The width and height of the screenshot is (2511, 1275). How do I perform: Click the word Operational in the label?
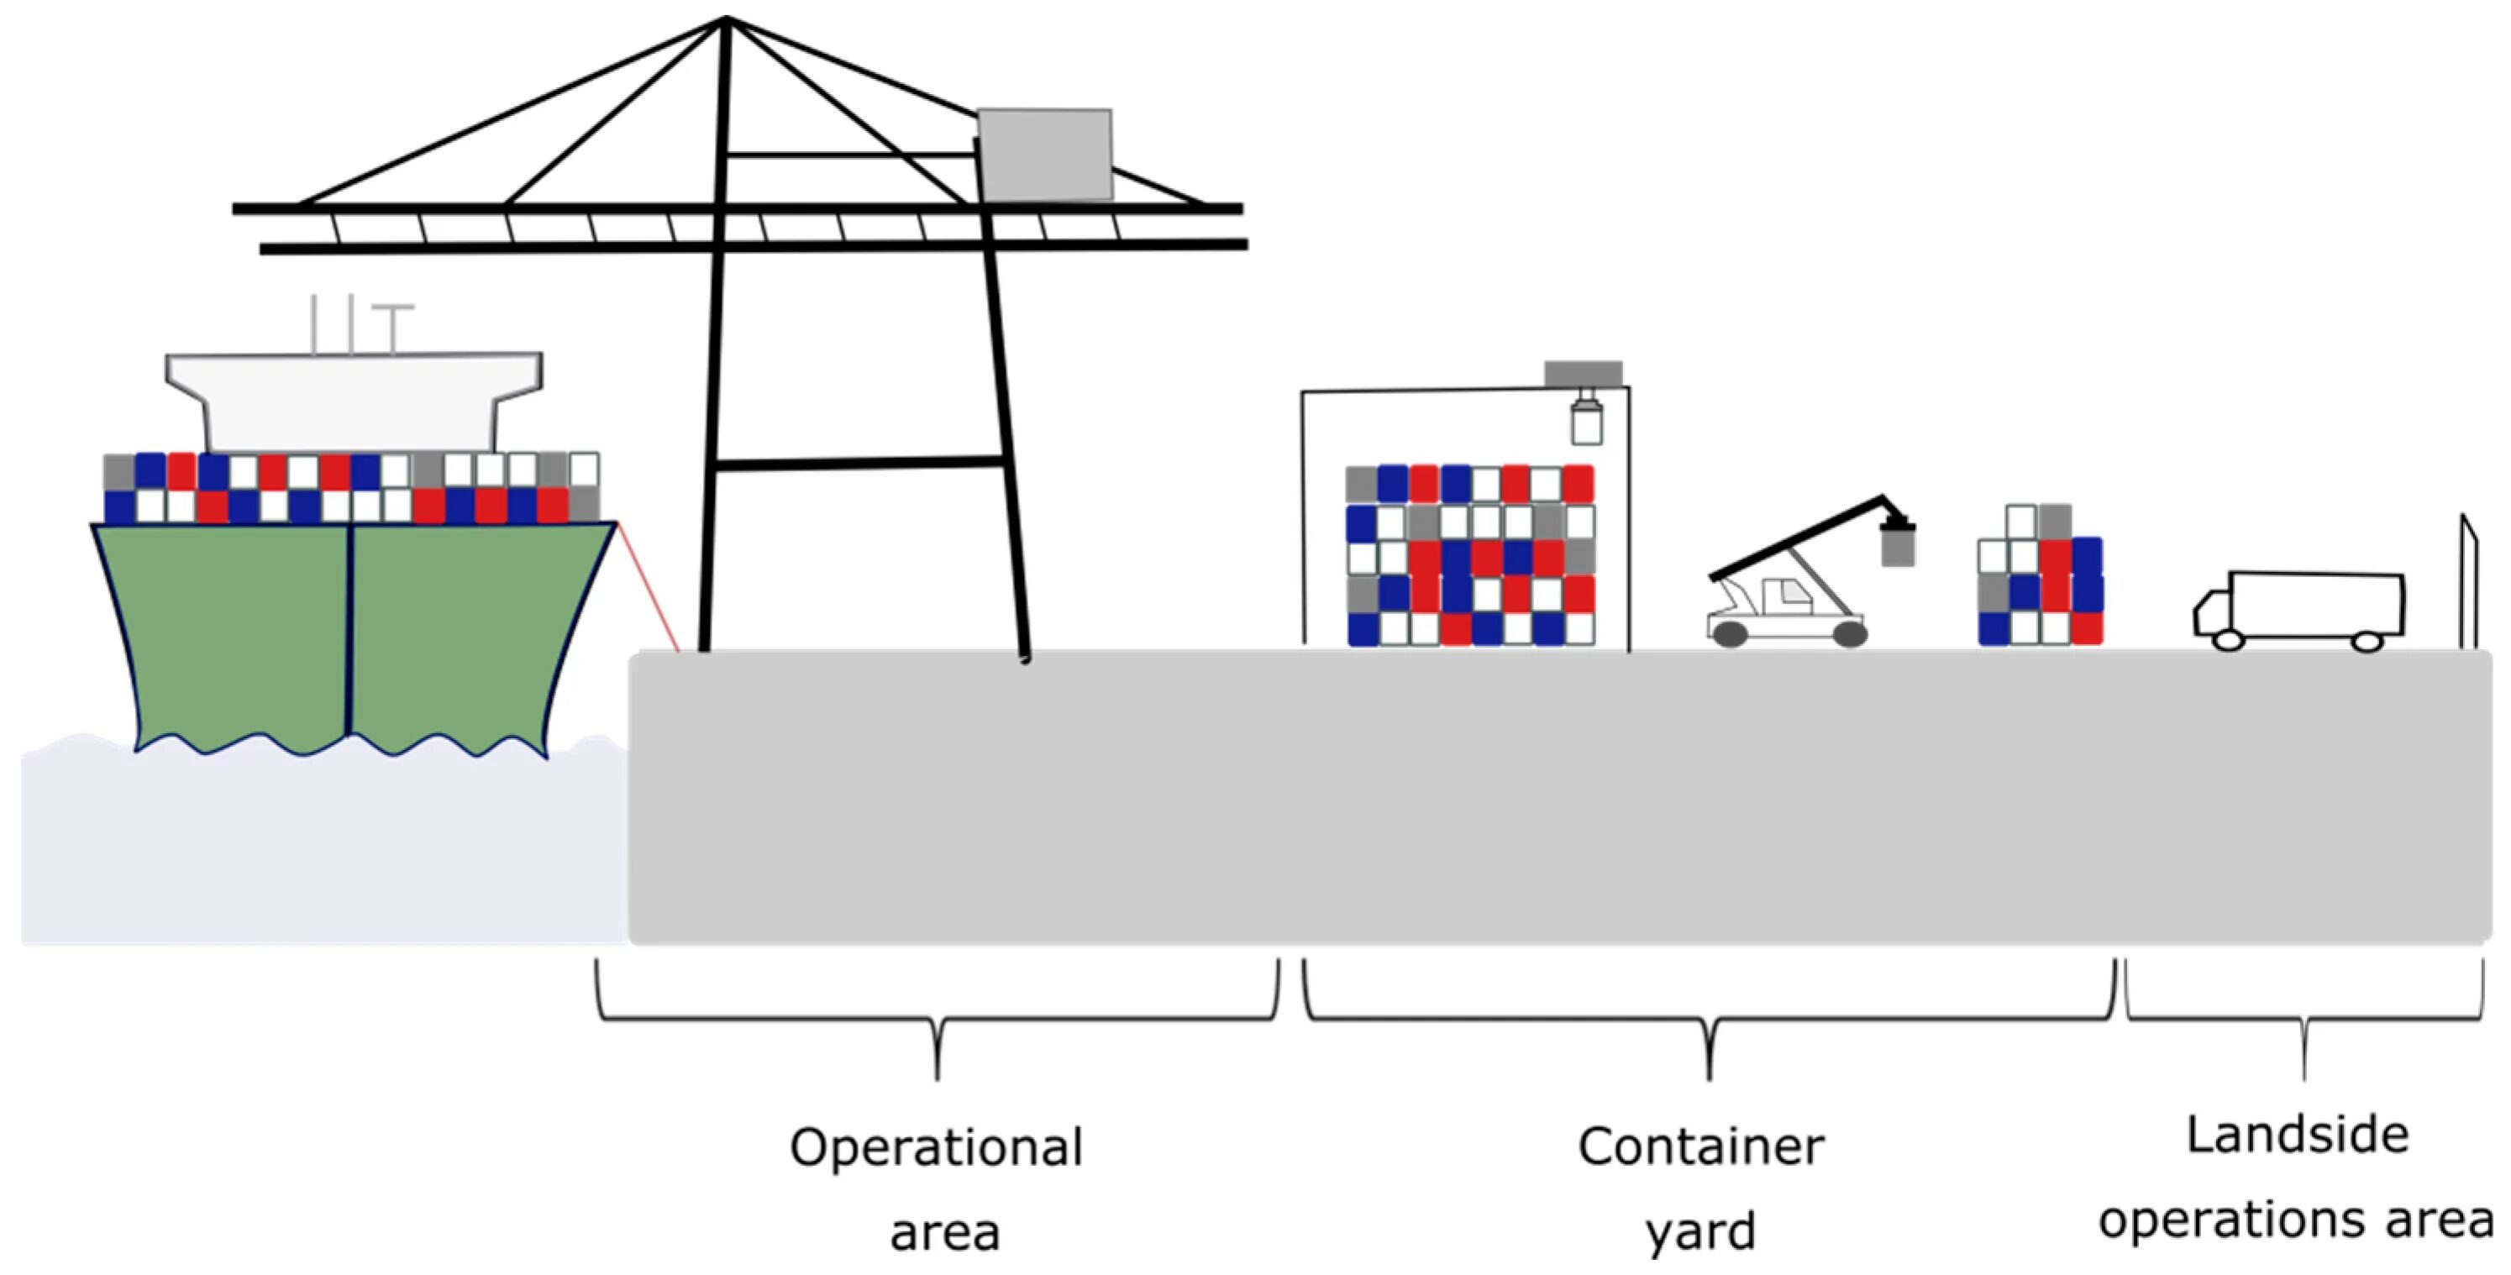[936, 1147]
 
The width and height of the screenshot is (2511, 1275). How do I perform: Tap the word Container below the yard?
[1701, 1147]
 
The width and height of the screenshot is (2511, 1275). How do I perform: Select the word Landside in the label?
[2298, 1136]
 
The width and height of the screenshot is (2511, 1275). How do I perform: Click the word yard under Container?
[1701, 1232]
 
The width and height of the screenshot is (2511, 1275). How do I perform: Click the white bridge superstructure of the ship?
[353, 400]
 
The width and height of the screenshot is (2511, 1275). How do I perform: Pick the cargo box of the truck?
[2315, 602]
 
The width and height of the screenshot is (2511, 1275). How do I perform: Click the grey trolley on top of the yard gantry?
[1583, 373]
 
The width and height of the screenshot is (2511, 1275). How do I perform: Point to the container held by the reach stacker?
[1897, 545]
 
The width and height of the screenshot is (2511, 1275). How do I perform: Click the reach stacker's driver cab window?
[1782, 596]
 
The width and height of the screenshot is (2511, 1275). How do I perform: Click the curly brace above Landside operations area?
[2304, 1020]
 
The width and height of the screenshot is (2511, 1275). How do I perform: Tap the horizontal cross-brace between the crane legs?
[858, 464]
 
